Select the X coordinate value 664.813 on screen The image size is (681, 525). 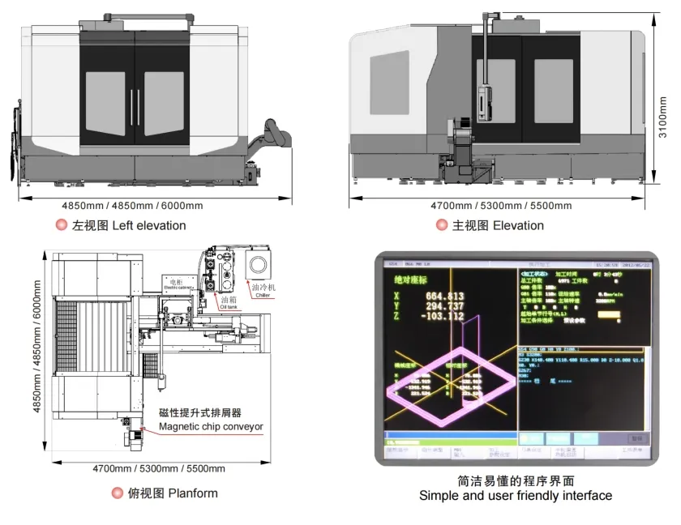click(444, 296)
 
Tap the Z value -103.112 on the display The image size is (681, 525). click(442, 317)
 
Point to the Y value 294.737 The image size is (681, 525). click(444, 306)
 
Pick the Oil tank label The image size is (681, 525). click(229, 301)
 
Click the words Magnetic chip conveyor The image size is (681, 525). click(211, 426)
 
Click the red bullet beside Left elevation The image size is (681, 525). click(61, 225)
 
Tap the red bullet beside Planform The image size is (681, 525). click(117, 493)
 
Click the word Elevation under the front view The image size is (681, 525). click(518, 225)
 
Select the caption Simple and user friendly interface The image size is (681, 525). click(516, 495)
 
